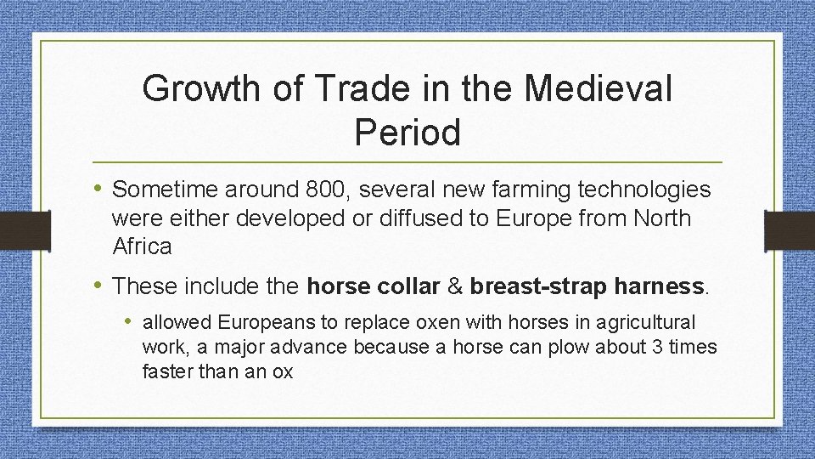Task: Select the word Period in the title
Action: [407, 132]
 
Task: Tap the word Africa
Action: [142, 247]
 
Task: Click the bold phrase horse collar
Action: [374, 286]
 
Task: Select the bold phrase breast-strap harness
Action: [587, 286]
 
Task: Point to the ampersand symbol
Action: [455, 286]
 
